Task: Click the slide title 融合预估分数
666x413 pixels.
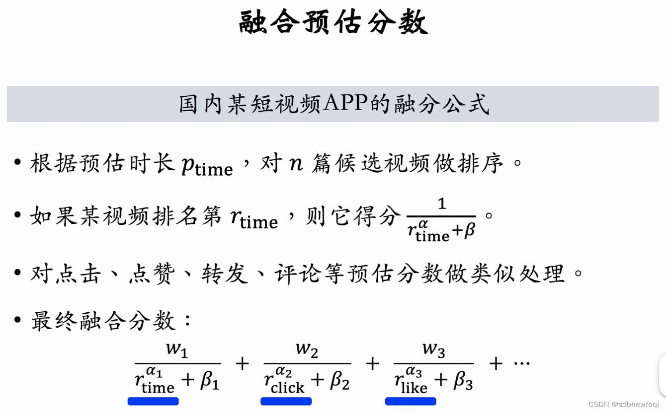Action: (x=333, y=23)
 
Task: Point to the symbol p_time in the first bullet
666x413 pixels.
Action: (x=207, y=166)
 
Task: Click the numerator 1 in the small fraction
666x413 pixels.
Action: (x=441, y=204)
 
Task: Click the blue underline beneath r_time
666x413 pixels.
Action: (x=153, y=401)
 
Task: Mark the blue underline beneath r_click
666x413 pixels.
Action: (x=286, y=401)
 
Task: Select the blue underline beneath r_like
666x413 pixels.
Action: (x=411, y=401)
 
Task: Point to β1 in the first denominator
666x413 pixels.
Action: (x=209, y=381)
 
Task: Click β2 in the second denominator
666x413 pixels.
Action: (x=339, y=381)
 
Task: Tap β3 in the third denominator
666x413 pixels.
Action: (x=463, y=381)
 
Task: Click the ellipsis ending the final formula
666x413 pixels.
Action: (x=522, y=364)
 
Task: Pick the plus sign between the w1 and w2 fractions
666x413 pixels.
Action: (x=242, y=364)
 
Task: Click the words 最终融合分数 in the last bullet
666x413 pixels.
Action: (x=103, y=321)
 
